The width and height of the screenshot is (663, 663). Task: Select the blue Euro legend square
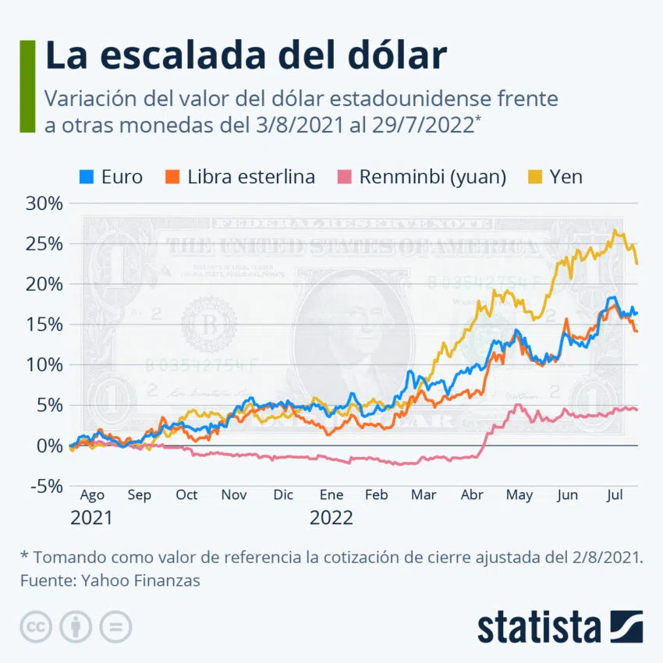(x=87, y=176)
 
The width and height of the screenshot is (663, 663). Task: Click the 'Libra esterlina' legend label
(x=251, y=176)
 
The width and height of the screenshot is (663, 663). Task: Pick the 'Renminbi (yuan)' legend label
(x=433, y=176)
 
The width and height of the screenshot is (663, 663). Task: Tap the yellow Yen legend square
(x=534, y=176)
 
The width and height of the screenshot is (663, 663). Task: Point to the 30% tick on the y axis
(x=45, y=204)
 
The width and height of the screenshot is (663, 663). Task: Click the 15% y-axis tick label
(x=45, y=324)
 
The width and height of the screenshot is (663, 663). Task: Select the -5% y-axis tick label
(x=45, y=486)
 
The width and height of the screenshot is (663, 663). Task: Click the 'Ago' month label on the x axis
(x=91, y=495)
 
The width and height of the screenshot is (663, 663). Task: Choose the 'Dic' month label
(x=283, y=495)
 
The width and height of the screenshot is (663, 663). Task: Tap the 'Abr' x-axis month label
(x=472, y=495)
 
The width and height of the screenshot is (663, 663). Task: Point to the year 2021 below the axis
(x=91, y=517)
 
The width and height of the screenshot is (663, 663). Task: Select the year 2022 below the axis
(x=331, y=517)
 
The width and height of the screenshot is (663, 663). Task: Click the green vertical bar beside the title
(x=27, y=86)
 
